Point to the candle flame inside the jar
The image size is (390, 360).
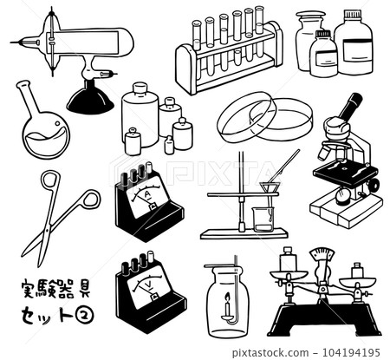(x=226, y=306)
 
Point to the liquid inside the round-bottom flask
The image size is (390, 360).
(x=44, y=140)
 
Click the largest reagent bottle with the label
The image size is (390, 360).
(x=353, y=44)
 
